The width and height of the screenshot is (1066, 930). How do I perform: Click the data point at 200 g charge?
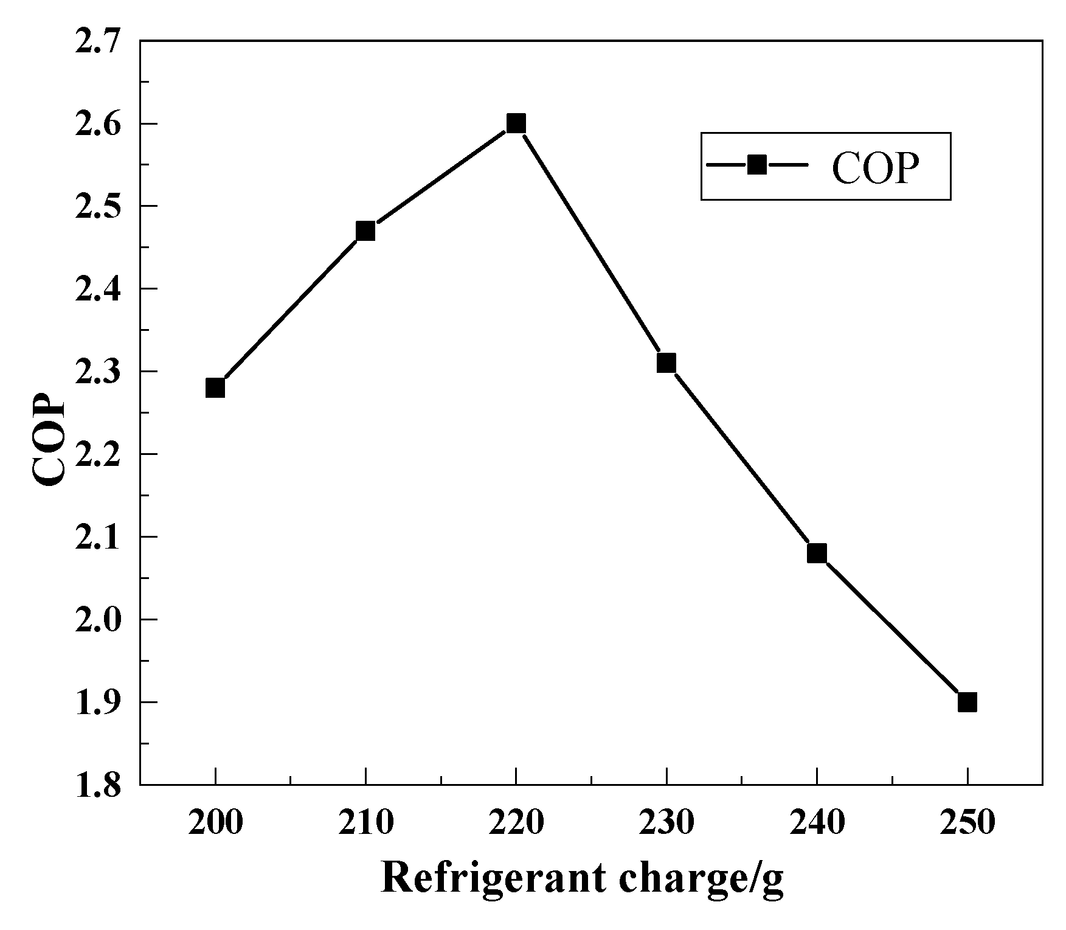tap(215, 387)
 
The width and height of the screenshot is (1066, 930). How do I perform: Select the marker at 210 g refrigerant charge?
tap(365, 231)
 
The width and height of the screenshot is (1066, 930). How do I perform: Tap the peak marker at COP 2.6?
tap(516, 123)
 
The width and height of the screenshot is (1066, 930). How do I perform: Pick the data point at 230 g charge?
tap(666, 363)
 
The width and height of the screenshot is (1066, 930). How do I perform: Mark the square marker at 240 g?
tap(817, 553)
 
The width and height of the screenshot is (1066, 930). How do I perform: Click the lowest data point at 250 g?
tap(967, 703)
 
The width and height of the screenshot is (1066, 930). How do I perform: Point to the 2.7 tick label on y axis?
tap(97, 41)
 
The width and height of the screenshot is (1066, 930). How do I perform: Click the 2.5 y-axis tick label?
tap(97, 207)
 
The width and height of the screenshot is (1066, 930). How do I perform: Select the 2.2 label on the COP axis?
tap(97, 454)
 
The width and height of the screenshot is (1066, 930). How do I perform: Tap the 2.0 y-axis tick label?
tap(97, 620)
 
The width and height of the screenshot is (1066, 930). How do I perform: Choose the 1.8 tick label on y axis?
tap(97, 785)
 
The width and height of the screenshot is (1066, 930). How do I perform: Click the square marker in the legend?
tap(757, 165)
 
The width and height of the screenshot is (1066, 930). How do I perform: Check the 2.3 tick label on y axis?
tap(97, 372)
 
